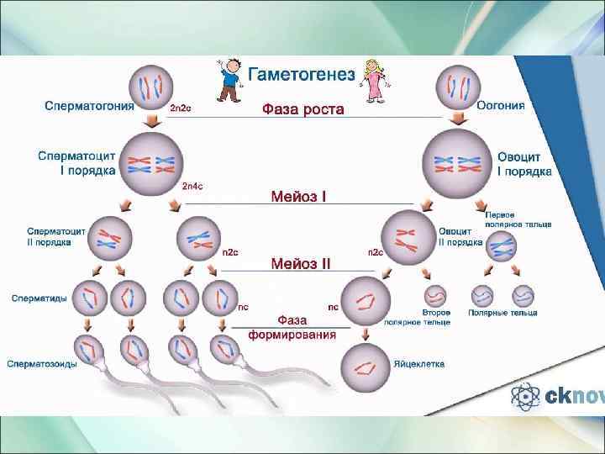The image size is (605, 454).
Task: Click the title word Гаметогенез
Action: tap(300, 73)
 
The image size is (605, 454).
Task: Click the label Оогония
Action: tap(501, 106)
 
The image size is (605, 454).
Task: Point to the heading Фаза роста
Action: tap(303, 109)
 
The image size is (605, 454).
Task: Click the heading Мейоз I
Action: tap(298, 197)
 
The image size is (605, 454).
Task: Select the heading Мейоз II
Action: tap(300, 263)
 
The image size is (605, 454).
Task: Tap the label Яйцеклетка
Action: tap(419, 364)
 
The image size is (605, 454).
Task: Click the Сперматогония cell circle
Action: tap(151, 87)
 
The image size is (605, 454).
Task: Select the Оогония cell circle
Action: tap(457, 87)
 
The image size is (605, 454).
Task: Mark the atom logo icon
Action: tap(526, 396)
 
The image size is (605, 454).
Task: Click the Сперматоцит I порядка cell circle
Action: tap(151, 163)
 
